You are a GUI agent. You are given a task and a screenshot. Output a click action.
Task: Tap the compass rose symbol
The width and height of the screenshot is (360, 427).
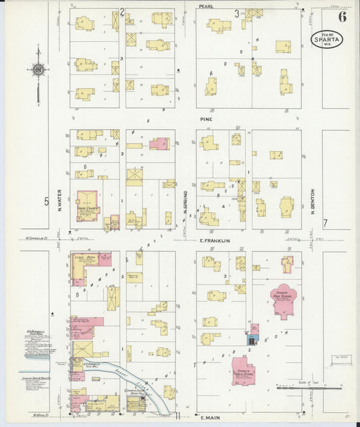38,70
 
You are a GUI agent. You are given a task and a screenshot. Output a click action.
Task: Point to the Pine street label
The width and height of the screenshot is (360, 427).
206,119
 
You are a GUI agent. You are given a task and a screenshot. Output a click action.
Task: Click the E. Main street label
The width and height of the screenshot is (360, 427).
211,418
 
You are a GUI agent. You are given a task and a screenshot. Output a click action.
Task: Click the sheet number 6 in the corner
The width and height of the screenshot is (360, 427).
342,16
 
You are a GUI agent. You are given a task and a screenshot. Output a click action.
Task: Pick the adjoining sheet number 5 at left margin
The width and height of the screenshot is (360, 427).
47,201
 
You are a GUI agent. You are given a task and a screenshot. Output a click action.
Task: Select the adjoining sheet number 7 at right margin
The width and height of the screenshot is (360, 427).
324,223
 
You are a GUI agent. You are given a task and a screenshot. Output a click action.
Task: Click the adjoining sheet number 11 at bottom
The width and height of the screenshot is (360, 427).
178,415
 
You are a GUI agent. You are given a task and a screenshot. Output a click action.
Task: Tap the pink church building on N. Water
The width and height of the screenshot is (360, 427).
88,206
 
